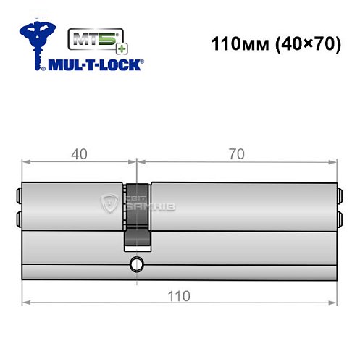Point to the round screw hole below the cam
[x=135, y=264]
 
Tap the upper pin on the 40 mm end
[x=18, y=195]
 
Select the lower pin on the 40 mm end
[x=18, y=217]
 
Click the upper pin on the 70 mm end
[x=340, y=195]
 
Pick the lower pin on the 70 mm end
[x=340, y=217]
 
